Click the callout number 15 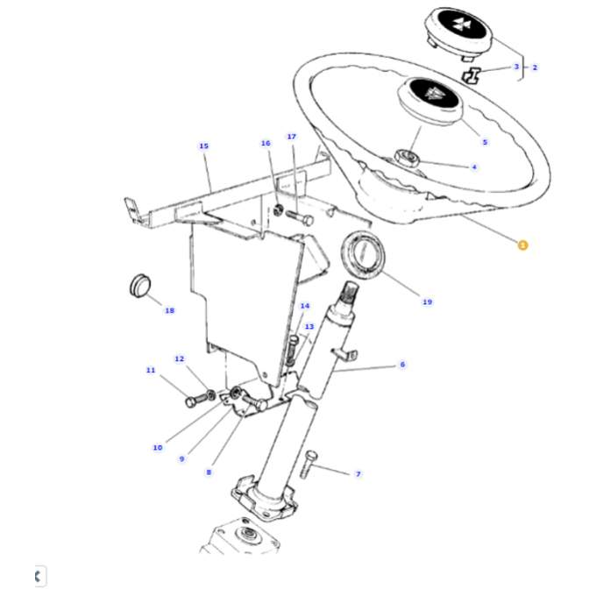coord(204,146)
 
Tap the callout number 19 coord(427,302)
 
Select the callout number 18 coord(169,310)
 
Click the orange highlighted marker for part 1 coord(522,245)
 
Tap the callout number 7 coord(358,474)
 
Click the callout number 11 coord(150,370)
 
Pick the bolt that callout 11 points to coord(195,401)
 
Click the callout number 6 coord(402,365)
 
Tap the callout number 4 coord(474,167)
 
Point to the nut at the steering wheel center coord(408,159)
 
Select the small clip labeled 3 coord(473,75)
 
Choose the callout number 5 coord(485,142)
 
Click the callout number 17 coord(292,137)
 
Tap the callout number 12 coord(180,358)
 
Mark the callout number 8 coord(209,472)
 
